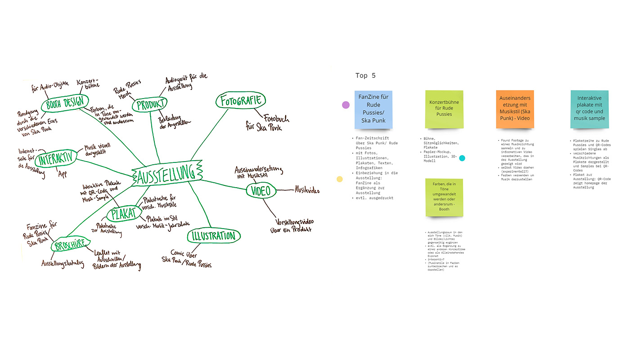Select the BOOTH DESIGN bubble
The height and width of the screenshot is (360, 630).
pos(65,104)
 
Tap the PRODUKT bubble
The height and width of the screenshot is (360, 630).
pos(149,105)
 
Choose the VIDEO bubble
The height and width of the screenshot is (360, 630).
pos(261,191)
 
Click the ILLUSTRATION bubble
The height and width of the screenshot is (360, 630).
pos(214,236)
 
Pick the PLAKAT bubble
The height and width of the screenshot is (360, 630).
pos(123,214)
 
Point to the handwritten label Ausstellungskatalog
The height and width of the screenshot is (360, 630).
pos(63,264)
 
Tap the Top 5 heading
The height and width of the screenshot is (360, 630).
pos(365,76)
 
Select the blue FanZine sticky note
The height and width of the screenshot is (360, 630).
pos(373,109)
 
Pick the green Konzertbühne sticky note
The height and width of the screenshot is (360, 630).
pos(444,109)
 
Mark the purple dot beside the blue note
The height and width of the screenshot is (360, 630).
pos(346,105)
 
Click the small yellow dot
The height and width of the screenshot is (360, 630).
pos(340,179)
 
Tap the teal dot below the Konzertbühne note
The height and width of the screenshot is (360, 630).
pos(462,158)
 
